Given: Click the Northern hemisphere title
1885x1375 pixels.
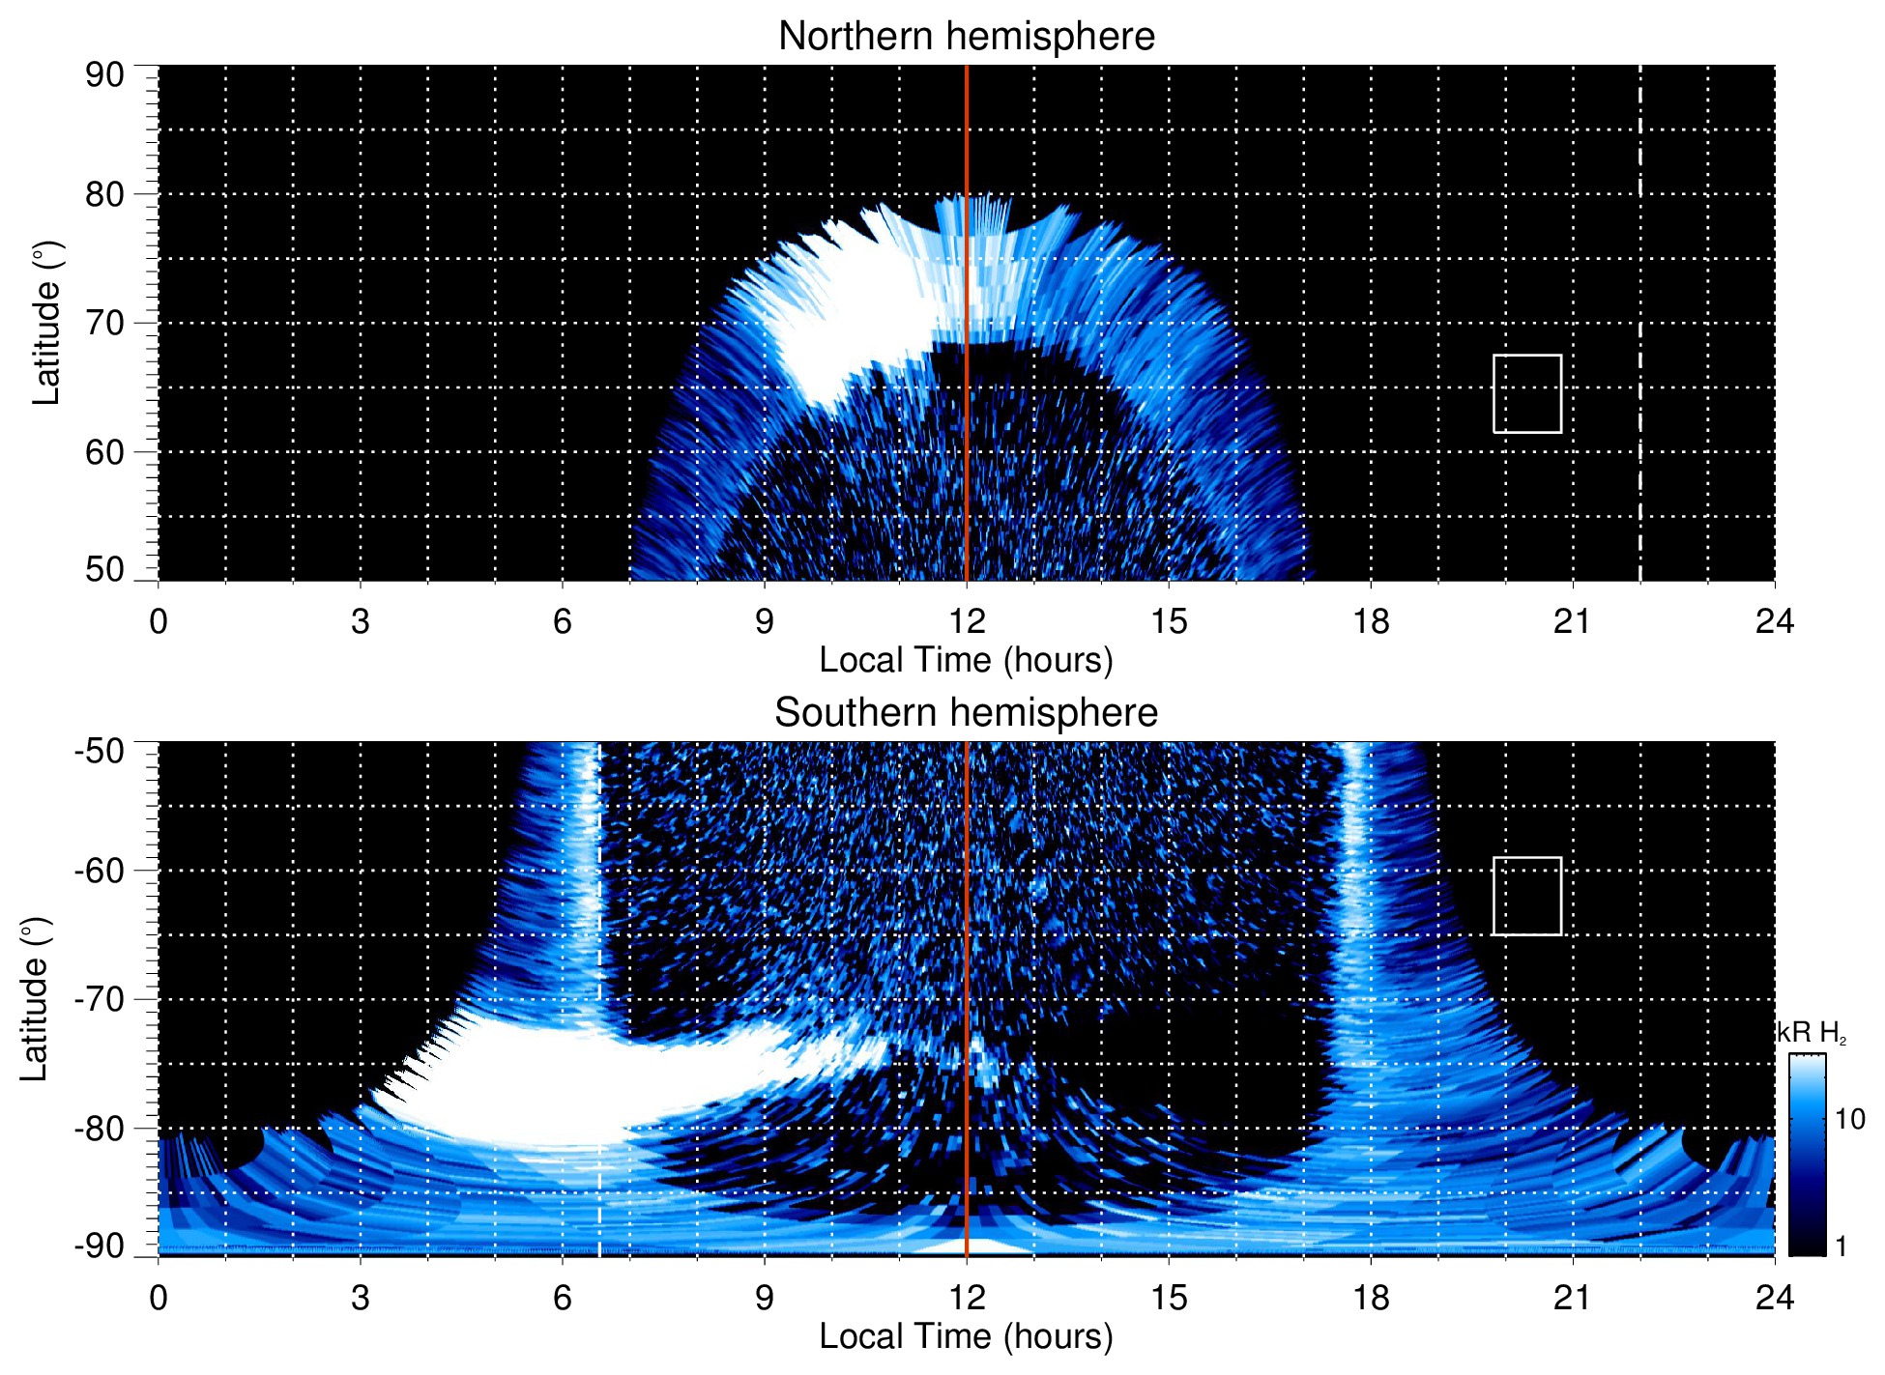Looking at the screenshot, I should pos(966,37).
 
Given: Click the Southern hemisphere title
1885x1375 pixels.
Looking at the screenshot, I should pos(966,713).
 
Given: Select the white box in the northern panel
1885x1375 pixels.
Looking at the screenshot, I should pos(1526,393).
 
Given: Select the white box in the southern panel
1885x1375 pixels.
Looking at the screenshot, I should pos(1526,896).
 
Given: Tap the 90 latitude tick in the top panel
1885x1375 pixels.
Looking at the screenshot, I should pos(104,75).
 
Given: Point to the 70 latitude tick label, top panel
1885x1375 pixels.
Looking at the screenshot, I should pos(104,323).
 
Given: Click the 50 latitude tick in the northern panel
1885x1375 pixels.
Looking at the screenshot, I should pos(104,569).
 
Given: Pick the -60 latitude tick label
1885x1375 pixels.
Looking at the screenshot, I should pos(99,871).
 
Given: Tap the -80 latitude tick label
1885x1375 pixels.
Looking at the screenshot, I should pos(99,1128).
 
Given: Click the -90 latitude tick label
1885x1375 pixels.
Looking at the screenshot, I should pos(99,1246).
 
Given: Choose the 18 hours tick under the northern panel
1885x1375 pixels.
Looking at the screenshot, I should pos(1371,621).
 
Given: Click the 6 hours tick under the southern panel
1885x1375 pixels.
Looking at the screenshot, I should pos(563,1298).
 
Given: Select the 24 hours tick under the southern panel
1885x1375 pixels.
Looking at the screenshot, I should pos(1774,1298).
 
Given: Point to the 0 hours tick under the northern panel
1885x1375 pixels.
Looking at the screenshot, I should pos(159,621).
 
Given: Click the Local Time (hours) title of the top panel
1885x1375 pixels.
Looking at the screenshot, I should pos(966,660).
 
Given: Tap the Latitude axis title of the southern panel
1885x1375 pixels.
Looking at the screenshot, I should pos(35,999).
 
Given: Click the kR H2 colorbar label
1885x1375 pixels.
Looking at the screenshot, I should pos(1811,1033).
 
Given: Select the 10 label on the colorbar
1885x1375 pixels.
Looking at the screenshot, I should pos(1849,1119).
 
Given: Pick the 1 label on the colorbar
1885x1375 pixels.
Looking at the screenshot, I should pos(1841,1246).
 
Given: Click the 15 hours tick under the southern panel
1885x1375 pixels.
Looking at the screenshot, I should pos(1169,1298).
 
